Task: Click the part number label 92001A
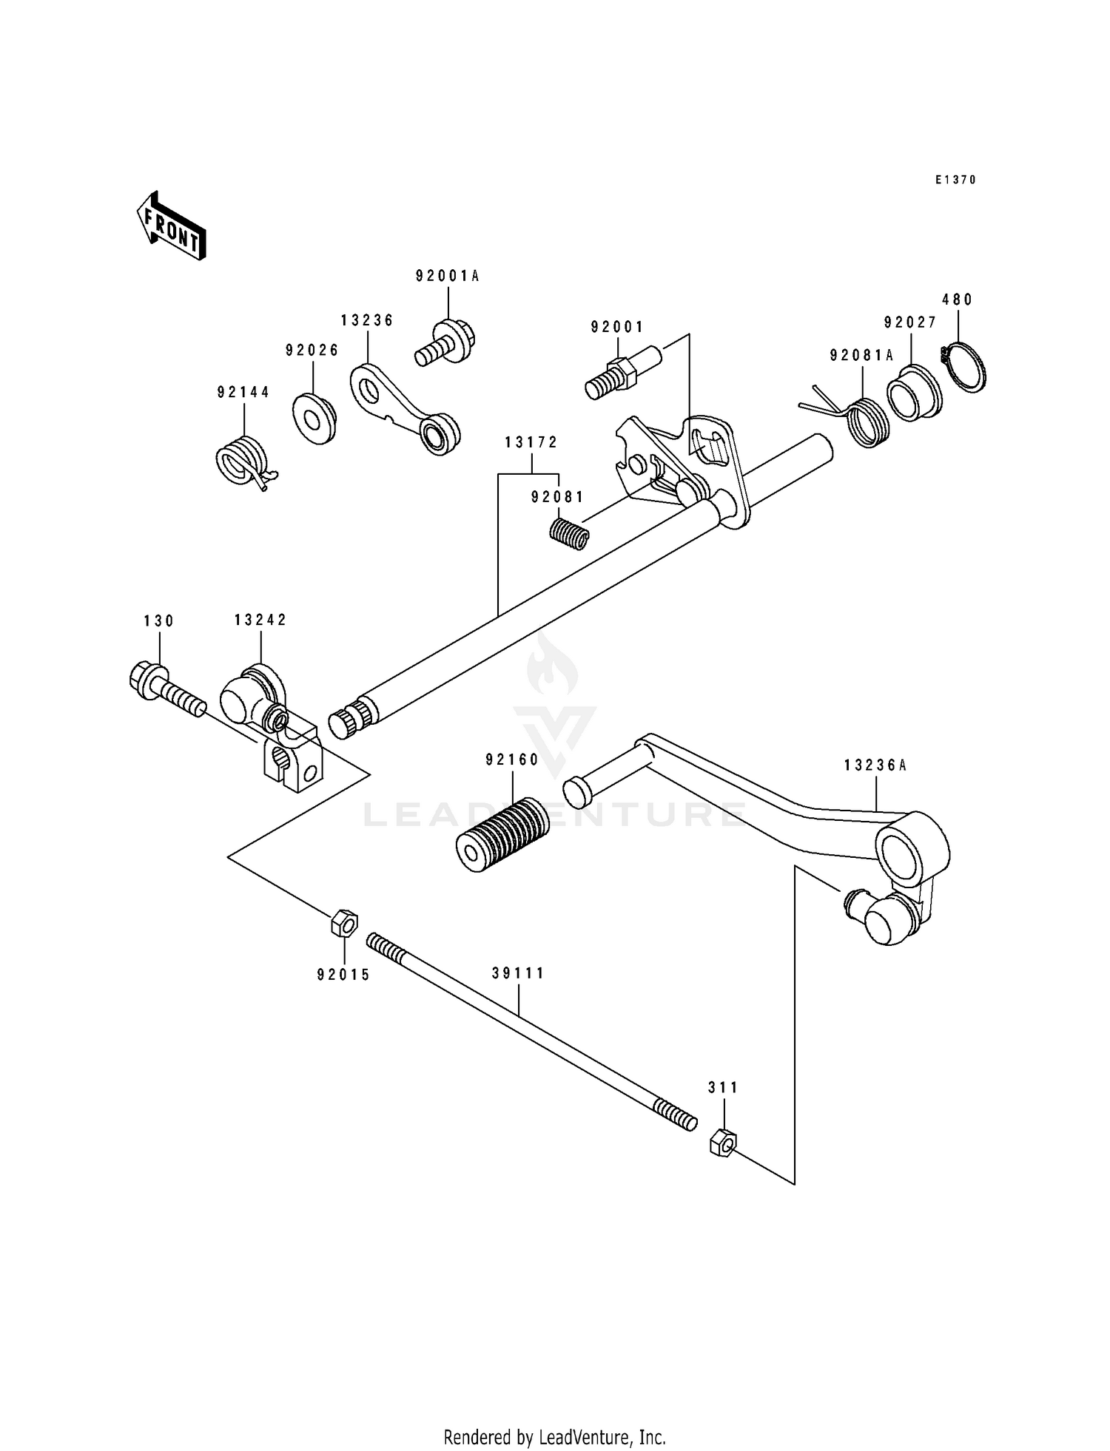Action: [447, 277]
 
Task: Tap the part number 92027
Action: [910, 322]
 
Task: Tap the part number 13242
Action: [260, 620]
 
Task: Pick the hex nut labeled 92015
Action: [344, 923]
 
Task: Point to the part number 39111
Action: [518, 974]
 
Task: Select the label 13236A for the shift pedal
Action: [875, 766]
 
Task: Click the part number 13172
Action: [531, 443]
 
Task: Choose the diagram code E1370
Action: [955, 180]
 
